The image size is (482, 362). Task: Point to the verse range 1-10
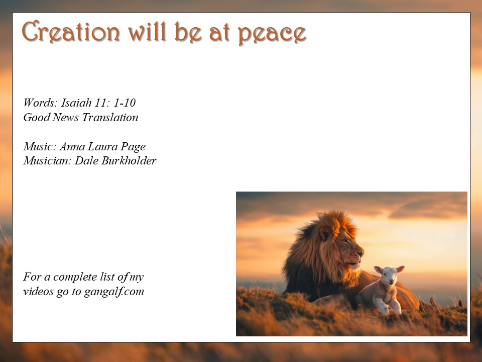(125, 103)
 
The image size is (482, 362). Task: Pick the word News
(65, 117)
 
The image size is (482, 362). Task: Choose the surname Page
(133, 147)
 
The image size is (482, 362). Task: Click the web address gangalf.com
(114, 292)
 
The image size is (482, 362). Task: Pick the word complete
(75, 277)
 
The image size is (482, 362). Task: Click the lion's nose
(360, 253)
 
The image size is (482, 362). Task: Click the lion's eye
(346, 242)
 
